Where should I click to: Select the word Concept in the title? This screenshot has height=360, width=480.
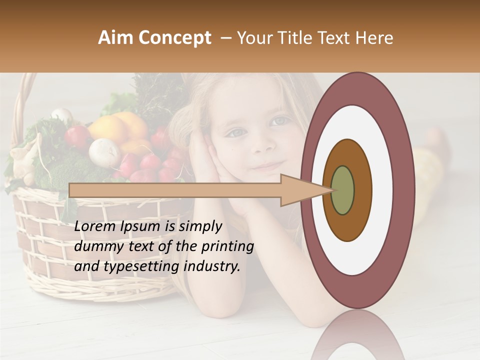pyautogui.click(x=174, y=38)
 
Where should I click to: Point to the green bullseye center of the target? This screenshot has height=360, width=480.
pyautogui.click(x=342, y=190)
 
